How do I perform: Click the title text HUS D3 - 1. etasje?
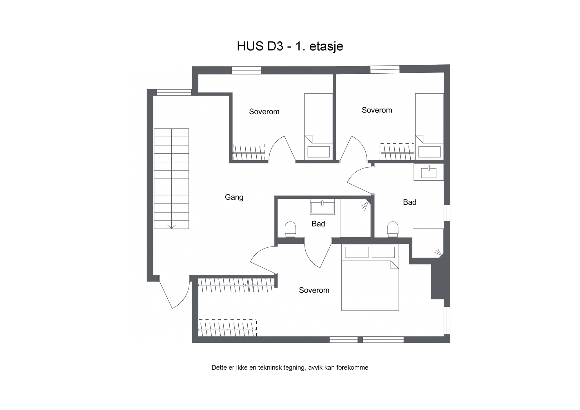(x=290, y=46)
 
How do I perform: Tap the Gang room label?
(x=234, y=197)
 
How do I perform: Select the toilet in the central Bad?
(x=290, y=229)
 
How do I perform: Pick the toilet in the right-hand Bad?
(x=393, y=229)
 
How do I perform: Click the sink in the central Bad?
(x=322, y=206)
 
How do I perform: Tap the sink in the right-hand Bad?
(x=429, y=172)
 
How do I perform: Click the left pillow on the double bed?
(x=357, y=252)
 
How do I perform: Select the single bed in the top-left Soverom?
(x=318, y=126)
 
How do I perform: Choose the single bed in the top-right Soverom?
(x=429, y=126)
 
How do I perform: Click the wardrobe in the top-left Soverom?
(x=249, y=151)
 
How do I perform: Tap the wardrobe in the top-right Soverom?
(x=397, y=152)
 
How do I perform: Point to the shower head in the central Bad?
(x=365, y=206)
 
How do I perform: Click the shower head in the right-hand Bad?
(x=438, y=253)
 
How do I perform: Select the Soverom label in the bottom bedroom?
(x=314, y=290)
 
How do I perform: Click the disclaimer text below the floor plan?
(x=290, y=368)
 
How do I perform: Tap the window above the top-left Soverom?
(x=246, y=70)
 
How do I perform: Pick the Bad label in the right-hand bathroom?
(x=409, y=202)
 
